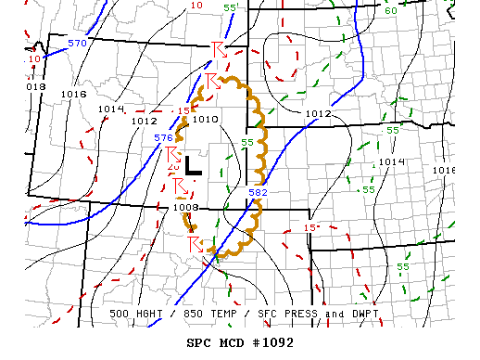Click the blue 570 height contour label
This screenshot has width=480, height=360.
click(x=77, y=43)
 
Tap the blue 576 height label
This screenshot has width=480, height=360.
click(x=163, y=137)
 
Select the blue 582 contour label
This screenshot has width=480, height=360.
click(x=259, y=192)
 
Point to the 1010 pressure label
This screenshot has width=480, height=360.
click(x=205, y=119)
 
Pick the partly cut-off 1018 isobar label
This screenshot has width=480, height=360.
click(x=34, y=86)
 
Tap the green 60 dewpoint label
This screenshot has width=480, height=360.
click(x=390, y=10)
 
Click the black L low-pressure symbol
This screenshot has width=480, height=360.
click(x=193, y=165)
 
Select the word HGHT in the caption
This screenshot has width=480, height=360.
click(x=154, y=314)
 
